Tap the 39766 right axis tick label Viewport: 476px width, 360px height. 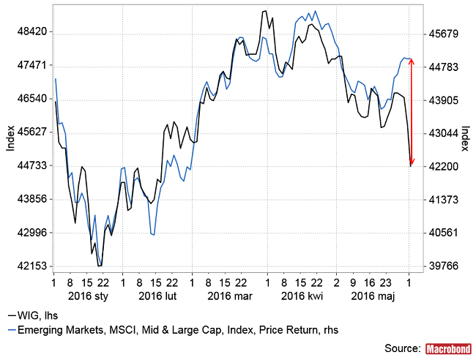442,266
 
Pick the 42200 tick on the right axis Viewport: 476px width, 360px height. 442,167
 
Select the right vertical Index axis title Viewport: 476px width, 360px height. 465,139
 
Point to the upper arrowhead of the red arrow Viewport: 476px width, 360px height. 412,60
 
